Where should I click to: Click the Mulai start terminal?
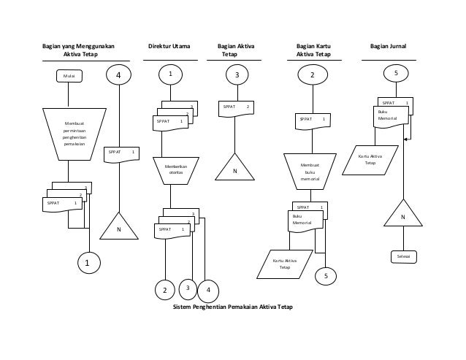[x=69, y=74]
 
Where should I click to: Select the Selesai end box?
[x=402, y=257]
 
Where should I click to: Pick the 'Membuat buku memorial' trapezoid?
[x=310, y=172]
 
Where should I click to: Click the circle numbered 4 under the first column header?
[x=119, y=74]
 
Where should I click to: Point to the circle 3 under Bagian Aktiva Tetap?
[x=236, y=74]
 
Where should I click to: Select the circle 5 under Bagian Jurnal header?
[x=396, y=74]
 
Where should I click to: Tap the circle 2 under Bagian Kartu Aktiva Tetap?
[x=312, y=75]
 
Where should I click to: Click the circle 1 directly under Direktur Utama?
[x=171, y=74]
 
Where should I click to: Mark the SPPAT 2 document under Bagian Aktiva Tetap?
[x=236, y=110]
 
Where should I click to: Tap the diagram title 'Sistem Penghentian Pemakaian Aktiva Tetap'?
[x=231, y=307]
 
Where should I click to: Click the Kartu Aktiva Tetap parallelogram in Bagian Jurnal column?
[x=375, y=160]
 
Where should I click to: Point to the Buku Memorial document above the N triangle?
[x=389, y=116]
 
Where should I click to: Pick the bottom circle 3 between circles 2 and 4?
[x=188, y=288]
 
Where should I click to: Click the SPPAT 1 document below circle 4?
[x=121, y=155]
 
